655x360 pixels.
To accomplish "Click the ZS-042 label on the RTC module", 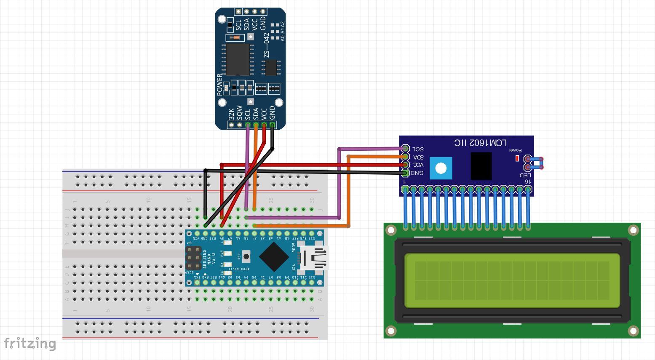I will coord(266,46).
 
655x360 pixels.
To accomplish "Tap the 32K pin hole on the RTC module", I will coord(231,125).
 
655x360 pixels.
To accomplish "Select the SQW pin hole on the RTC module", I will coord(239,125).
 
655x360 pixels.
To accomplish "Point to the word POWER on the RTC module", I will coord(219,85).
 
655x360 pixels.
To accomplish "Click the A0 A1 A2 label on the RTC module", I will coord(283,32).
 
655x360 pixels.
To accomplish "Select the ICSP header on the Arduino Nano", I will coord(193,258).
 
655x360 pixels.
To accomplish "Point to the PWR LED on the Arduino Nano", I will coord(227,254).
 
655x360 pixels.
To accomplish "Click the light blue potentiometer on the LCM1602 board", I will coord(441,168).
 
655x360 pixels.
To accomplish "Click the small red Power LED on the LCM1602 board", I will coord(517,158).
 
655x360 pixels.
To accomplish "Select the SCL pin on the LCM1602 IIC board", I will coord(405,149).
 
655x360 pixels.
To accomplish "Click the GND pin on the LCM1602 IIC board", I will coord(405,173).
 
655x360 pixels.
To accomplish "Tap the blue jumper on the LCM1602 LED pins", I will coord(535,163).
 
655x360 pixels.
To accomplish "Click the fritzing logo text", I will coord(29,344).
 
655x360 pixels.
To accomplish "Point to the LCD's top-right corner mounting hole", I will coord(633,230).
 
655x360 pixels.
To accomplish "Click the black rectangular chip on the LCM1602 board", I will coord(481,166).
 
